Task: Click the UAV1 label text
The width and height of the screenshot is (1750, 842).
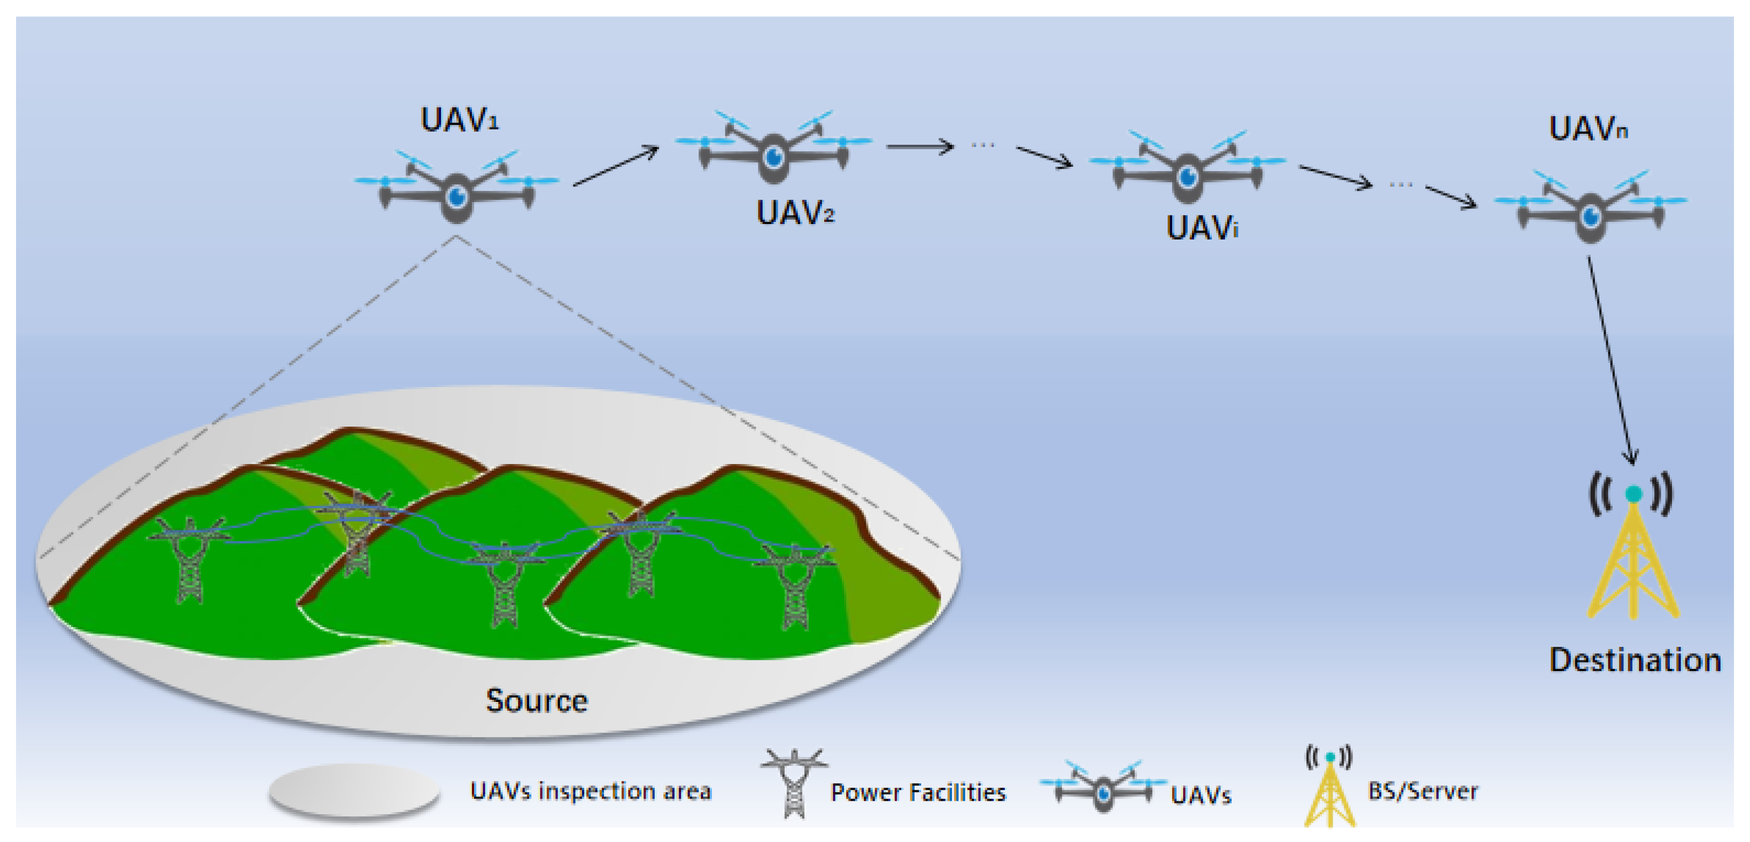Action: pos(459,120)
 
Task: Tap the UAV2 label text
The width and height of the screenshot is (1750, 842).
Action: pos(795,213)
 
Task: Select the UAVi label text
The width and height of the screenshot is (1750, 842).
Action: pos(1202,228)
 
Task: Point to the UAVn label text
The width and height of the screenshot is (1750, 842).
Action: pos(1588,128)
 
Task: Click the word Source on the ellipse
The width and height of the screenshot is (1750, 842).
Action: pos(536,701)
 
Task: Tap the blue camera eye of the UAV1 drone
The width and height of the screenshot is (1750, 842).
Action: pos(456,196)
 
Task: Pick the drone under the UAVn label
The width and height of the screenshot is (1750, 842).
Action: pos(1590,210)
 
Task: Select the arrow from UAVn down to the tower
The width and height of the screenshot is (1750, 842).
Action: pos(1610,360)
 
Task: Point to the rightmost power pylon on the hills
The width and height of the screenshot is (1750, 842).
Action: pos(795,584)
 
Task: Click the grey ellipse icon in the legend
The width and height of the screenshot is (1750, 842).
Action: pos(354,790)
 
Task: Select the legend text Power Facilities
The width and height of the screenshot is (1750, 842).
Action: pos(918,792)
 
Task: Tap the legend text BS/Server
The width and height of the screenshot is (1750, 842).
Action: pos(1422,791)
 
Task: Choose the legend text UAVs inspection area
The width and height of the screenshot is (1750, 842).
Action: pos(590,791)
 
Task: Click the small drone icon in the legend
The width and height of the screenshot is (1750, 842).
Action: pos(1103,789)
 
